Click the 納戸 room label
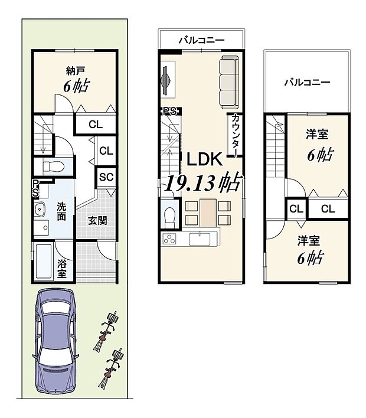click(x=76, y=69)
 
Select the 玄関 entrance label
click(x=97, y=221)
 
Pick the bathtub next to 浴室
click(x=44, y=262)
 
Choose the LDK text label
click(x=204, y=159)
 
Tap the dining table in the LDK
click(x=207, y=213)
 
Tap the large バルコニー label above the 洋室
click(x=306, y=82)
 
